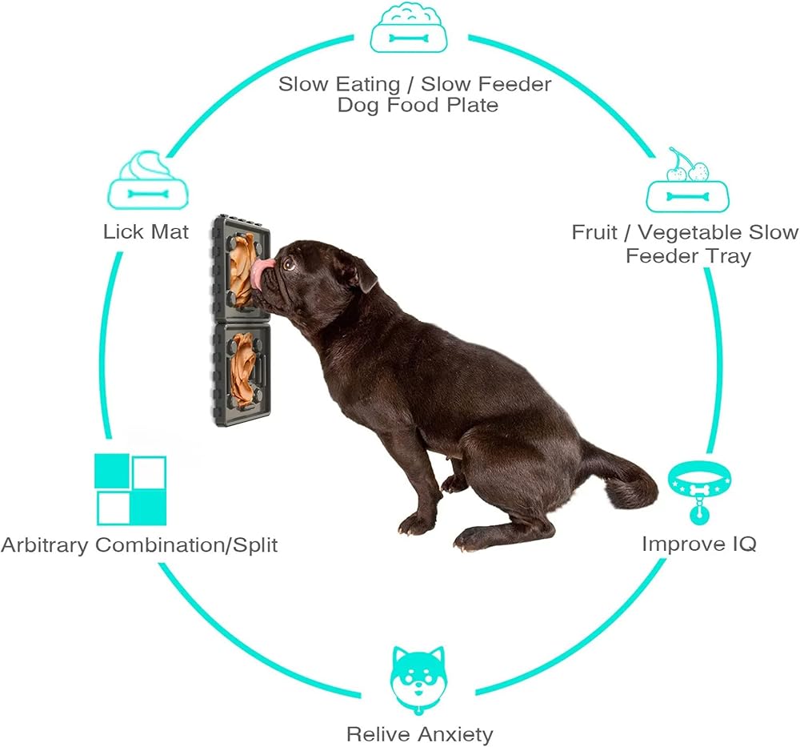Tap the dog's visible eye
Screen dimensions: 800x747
tap(289, 264)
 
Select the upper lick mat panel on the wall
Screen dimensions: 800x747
tap(241, 267)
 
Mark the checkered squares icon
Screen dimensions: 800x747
tap(130, 490)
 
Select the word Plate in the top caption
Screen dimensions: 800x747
tap(473, 105)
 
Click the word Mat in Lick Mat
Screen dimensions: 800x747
tap(170, 232)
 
